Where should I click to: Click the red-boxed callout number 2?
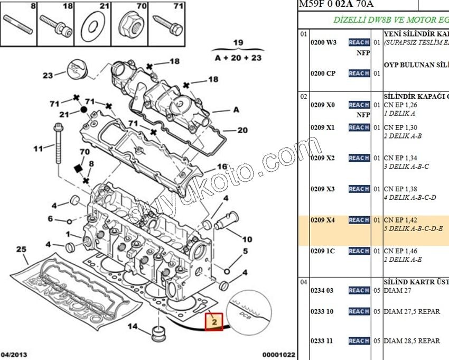point(214,321)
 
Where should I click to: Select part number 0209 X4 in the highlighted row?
point(323,220)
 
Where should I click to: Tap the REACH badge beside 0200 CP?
point(359,73)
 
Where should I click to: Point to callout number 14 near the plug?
point(133,326)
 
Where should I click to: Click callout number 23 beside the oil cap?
point(48,75)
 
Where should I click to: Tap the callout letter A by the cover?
point(236,110)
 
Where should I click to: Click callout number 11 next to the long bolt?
point(38,149)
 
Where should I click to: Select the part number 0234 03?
point(322,290)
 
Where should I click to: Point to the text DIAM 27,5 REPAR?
point(412,311)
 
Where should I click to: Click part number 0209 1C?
point(322,251)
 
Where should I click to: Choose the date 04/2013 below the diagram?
point(14,355)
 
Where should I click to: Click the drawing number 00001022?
point(278,355)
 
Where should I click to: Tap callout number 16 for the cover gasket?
point(222,167)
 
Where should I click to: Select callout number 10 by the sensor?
point(247,239)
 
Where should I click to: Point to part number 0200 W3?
point(323,42)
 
